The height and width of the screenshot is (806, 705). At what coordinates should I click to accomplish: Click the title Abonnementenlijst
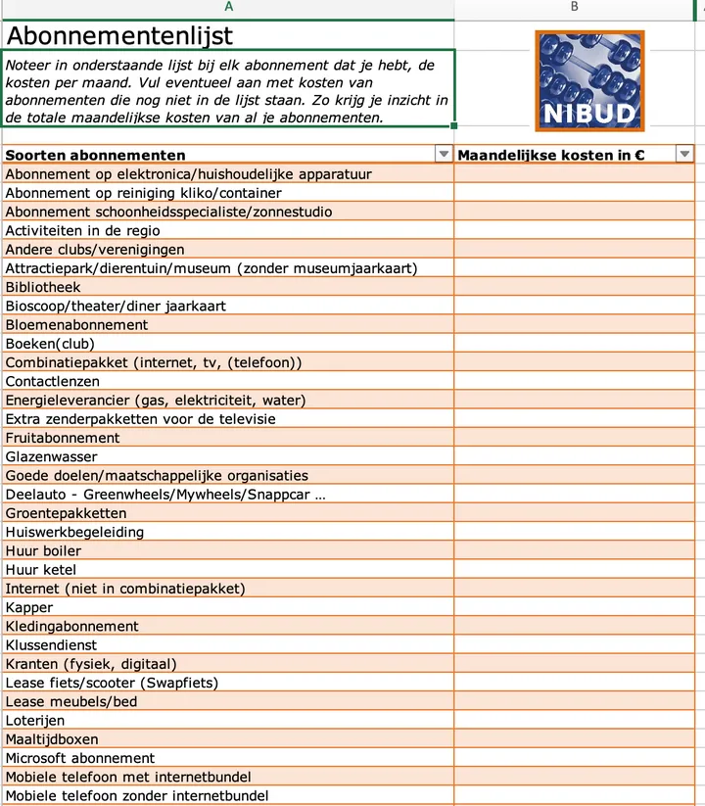[x=119, y=36]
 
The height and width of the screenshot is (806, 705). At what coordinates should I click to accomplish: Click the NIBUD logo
[x=589, y=80]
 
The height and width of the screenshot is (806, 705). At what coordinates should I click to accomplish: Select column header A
[x=227, y=7]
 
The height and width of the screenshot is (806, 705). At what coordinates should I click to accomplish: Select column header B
[x=574, y=7]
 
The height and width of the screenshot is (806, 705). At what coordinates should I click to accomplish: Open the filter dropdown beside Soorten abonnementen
[x=444, y=155]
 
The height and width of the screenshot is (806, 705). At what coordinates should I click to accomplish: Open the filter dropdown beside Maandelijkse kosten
[x=684, y=155]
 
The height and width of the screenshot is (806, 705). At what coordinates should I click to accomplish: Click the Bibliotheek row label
[x=43, y=287]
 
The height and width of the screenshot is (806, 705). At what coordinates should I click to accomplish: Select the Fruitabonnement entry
[x=63, y=438]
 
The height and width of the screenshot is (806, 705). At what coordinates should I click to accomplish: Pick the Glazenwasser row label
[x=52, y=456]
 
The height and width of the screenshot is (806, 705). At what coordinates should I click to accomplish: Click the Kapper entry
[x=29, y=607]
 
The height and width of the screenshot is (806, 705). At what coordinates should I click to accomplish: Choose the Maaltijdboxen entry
[x=52, y=739]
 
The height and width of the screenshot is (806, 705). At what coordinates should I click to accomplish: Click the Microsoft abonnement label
[x=80, y=758]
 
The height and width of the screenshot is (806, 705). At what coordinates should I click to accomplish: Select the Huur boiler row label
[x=43, y=550]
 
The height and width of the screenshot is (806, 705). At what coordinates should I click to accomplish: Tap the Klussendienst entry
[x=51, y=645]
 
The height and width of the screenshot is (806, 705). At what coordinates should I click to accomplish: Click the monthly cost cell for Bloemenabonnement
[x=574, y=325]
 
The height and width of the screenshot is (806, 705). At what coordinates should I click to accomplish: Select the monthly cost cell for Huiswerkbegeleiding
[x=574, y=532]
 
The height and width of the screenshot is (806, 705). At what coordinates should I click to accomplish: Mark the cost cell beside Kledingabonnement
[x=574, y=626]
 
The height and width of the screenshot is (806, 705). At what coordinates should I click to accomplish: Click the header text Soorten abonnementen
[x=95, y=155]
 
